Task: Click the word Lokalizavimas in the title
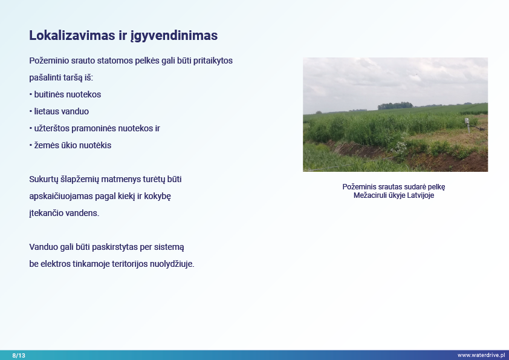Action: click(73, 36)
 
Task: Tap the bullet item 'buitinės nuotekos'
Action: click(65, 94)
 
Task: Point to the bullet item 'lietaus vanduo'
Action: click(59, 111)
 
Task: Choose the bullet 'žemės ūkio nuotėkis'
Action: click(71, 145)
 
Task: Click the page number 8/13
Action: click(19, 355)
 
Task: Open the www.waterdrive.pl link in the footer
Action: click(481, 355)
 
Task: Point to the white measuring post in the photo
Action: click(467, 125)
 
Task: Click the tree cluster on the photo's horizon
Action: click(395, 106)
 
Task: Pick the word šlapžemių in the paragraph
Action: click(80, 179)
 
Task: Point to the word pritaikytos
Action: click(213, 61)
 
